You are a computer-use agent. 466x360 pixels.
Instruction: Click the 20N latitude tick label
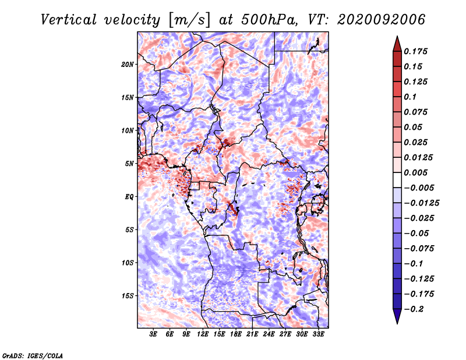tap(127, 65)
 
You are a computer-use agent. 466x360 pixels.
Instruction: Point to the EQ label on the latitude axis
tap(129, 197)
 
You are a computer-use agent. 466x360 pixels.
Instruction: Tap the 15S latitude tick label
tap(128, 296)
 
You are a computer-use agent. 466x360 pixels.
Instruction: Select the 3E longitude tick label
tap(153, 334)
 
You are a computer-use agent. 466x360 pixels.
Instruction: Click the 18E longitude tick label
tap(236, 334)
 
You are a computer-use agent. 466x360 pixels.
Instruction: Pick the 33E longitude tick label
tap(318, 334)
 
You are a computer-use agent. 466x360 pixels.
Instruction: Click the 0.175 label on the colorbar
tap(415, 51)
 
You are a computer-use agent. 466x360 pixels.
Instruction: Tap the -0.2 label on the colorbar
tap(414, 309)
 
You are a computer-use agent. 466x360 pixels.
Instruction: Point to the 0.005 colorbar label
tap(415, 172)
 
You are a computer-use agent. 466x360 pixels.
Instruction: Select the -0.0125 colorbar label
tap(421, 203)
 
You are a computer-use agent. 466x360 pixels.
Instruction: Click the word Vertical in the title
tap(69, 20)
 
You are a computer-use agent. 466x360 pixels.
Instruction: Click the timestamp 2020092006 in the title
tap(381, 20)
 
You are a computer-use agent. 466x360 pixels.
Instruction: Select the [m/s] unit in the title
tap(189, 20)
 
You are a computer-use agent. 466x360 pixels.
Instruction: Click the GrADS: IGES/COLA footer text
tap(33, 356)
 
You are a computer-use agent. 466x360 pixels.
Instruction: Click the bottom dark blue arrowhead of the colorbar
tap(397, 316)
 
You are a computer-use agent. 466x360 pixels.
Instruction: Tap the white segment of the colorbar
tap(397, 180)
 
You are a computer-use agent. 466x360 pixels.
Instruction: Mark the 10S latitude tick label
tap(128, 263)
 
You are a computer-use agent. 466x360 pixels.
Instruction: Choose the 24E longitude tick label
tap(269, 334)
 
